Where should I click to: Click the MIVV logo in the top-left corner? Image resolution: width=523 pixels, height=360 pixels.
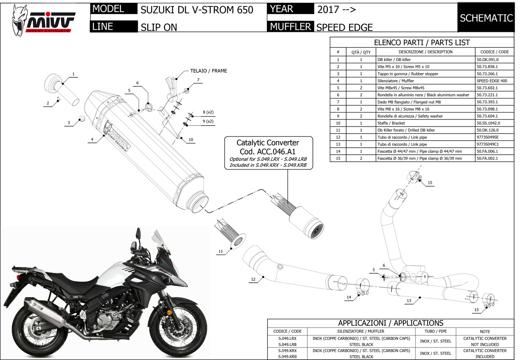click(x=41, y=19)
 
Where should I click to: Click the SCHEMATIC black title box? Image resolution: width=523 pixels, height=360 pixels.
click(x=486, y=18)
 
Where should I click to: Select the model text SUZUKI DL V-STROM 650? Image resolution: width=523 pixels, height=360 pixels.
click(x=197, y=10)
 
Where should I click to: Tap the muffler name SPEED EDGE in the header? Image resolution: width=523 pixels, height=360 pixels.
click(x=344, y=27)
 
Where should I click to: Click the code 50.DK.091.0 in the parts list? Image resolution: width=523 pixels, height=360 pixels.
click(x=491, y=60)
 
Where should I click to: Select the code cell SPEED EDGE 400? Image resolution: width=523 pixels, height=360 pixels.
click(x=491, y=81)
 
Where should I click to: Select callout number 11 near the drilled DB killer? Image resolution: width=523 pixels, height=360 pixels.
click(x=220, y=252)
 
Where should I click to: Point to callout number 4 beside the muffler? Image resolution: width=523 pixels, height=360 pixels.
click(x=92, y=139)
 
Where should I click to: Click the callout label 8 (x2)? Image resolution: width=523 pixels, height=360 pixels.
click(x=208, y=112)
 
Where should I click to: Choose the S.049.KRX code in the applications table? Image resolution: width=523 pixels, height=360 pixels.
click(x=287, y=350)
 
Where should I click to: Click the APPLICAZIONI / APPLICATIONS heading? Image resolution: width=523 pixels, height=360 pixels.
click(x=390, y=323)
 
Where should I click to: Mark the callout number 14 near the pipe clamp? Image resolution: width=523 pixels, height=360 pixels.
click(x=349, y=298)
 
